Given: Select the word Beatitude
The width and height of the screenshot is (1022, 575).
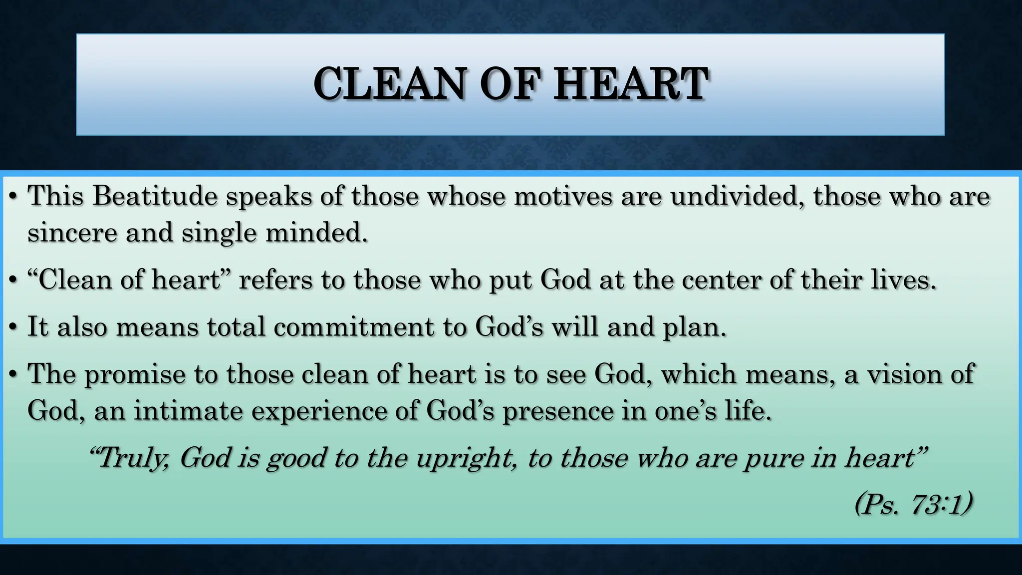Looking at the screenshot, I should (155, 196).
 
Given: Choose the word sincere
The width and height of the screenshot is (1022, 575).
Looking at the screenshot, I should (72, 233).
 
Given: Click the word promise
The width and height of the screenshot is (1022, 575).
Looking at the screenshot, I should (135, 374).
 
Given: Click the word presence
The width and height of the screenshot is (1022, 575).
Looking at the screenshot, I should (557, 412).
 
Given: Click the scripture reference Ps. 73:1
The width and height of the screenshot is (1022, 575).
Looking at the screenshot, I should (913, 505).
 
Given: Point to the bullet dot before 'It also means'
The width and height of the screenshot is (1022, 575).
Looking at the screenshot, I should (13, 328).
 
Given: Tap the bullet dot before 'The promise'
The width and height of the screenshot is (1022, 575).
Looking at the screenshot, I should (13, 375).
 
